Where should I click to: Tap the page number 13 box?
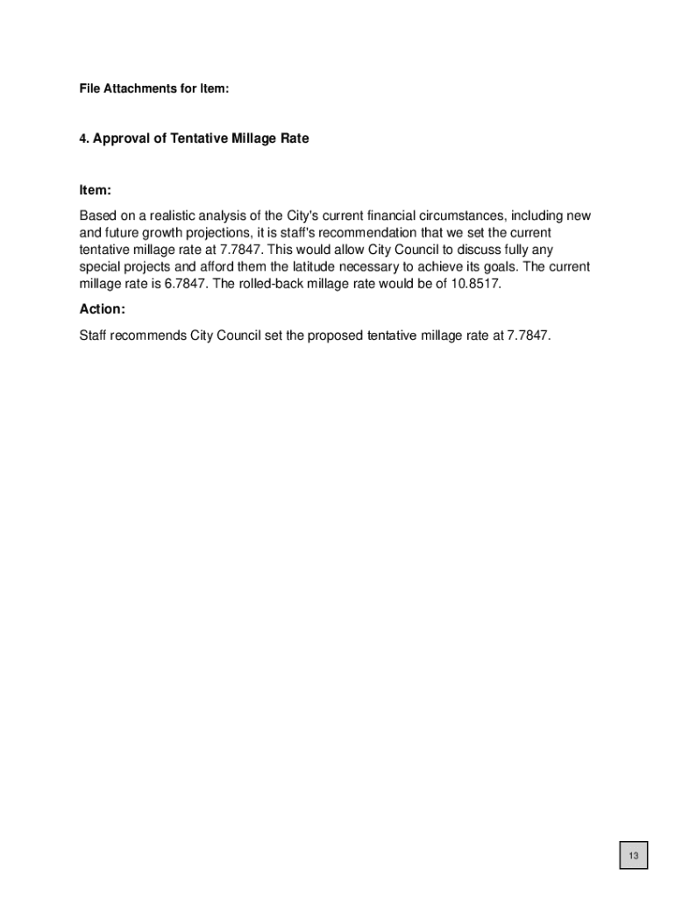tap(633, 856)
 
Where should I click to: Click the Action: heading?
tap(103, 309)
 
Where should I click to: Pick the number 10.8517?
tap(475, 284)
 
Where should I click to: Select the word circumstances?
tap(449, 215)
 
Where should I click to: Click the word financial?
tap(367, 215)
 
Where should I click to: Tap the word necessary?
tap(372, 267)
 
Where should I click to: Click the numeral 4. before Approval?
tap(84, 139)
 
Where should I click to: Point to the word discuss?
tap(467, 250)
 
